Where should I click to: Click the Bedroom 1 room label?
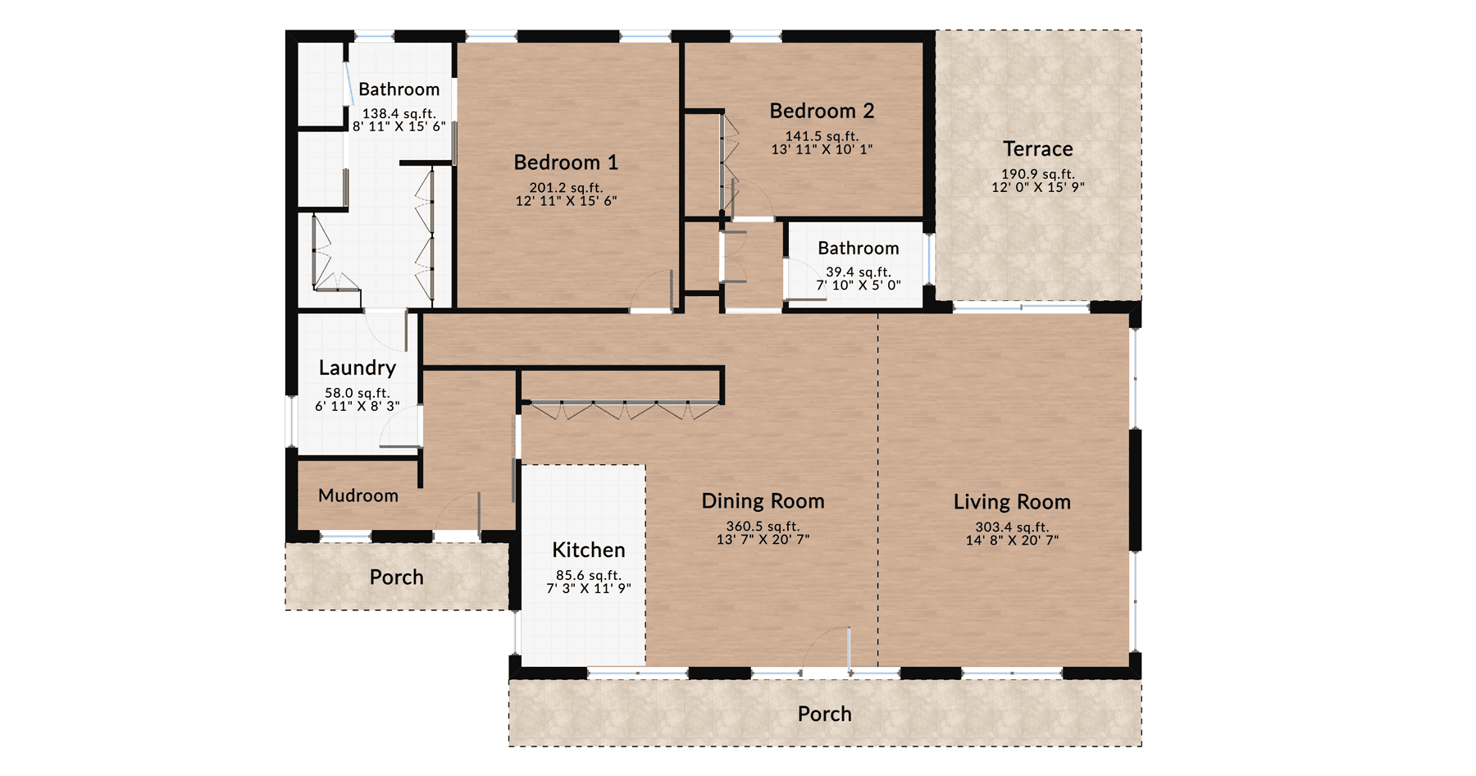click(x=566, y=162)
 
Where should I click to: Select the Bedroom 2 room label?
click(x=822, y=111)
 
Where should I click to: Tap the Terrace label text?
click(x=1037, y=149)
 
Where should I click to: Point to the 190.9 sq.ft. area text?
click(x=1037, y=174)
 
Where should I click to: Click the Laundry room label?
click(x=358, y=367)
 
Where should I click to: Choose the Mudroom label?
click(x=358, y=495)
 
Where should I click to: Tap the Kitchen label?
click(x=589, y=550)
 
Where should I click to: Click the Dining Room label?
click(x=763, y=501)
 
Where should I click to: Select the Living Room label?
click(x=1012, y=502)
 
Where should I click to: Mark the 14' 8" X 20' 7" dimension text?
click(x=1012, y=540)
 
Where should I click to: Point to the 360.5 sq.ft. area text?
click(x=763, y=526)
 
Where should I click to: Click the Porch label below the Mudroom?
click(x=396, y=577)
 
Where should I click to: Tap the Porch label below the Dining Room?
click(x=824, y=714)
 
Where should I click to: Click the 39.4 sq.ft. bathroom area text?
click(x=858, y=272)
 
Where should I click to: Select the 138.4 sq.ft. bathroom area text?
click(x=399, y=113)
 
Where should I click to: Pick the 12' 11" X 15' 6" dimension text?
click(x=566, y=200)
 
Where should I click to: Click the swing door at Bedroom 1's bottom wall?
click(x=653, y=291)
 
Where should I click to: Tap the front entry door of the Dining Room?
click(x=827, y=652)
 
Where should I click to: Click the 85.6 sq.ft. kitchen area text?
click(x=589, y=575)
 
